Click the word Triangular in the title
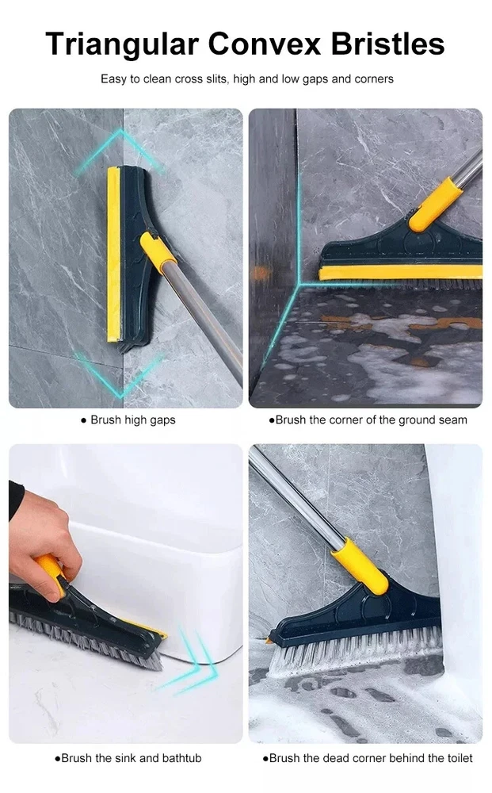pyautogui.click(x=122, y=45)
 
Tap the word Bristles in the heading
pyautogui.click(x=388, y=44)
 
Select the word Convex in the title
pyautogui.click(x=264, y=44)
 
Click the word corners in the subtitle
pyautogui.click(x=374, y=79)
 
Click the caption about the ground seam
pyautogui.click(x=368, y=419)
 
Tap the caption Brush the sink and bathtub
pyautogui.click(x=128, y=758)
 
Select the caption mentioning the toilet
pyautogui.click(x=368, y=758)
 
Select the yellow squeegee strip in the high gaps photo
pyautogui.click(x=113, y=255)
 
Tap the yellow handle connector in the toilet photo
pyautogui.click(x=360, y=565)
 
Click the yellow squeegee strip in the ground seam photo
pyautogui.click(x=400, y=273)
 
